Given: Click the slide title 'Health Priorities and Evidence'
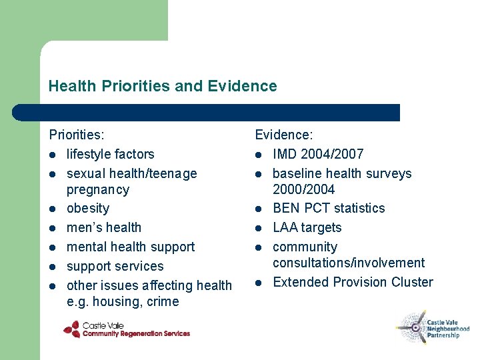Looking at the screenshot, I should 162,86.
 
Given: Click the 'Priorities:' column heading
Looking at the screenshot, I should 77,135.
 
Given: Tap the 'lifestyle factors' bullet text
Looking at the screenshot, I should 110,154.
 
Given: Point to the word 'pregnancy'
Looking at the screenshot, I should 98,189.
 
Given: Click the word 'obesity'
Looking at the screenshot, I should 87,209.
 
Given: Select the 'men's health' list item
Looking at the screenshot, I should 103,228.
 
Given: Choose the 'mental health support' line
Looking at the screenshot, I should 130,247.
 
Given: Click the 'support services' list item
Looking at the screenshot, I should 115,266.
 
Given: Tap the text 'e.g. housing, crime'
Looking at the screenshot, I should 123,301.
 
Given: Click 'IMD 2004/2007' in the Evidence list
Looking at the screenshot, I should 318,154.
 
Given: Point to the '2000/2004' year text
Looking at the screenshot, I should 303,189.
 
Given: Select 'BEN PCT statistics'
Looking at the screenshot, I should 329,208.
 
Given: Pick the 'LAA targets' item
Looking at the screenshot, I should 307,227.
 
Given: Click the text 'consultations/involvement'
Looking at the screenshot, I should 348,263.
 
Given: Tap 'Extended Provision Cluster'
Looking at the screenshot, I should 353,282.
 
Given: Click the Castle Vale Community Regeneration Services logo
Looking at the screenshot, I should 127,329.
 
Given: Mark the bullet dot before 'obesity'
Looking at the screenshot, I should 53,209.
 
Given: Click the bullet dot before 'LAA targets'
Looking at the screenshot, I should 259,228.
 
